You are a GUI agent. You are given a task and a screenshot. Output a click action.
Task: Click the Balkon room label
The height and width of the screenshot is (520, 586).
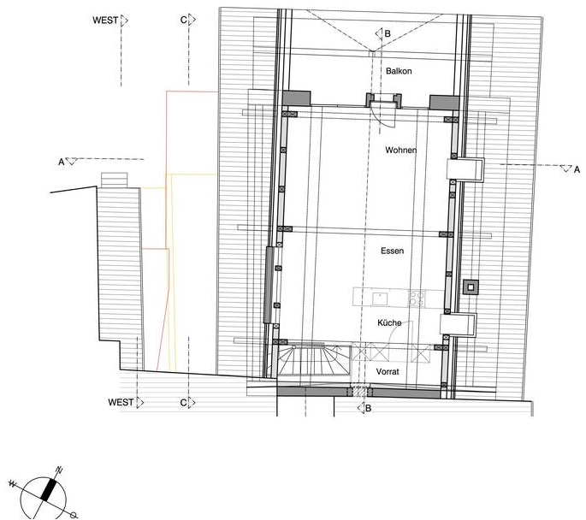(399, 71)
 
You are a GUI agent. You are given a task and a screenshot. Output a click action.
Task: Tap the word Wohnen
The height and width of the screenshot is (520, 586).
(401, 151)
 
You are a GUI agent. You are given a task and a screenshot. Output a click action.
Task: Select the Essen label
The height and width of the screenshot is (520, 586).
(393, 251)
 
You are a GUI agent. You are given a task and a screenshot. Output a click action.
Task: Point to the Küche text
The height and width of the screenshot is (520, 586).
(389, 322)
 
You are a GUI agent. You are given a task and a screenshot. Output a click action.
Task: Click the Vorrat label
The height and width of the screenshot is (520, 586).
(388, 371)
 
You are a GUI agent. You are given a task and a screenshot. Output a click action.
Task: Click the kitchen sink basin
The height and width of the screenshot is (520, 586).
(380, 298)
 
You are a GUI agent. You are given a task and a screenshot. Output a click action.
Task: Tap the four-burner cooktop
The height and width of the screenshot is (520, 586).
(417, 298)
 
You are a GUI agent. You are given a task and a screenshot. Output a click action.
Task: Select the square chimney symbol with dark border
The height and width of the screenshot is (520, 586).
(471, 287)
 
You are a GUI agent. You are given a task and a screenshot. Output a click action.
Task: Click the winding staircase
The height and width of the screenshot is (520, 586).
(314, 360)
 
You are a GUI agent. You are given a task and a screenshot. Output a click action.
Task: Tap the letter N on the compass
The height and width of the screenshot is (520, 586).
(59, 470)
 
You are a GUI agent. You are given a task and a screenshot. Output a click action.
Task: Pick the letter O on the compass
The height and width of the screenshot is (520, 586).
(74, 515)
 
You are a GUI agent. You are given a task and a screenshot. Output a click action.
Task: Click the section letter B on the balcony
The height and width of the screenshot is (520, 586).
(388, 33)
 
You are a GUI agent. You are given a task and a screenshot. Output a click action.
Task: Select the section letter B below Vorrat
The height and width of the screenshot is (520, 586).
(368, 408)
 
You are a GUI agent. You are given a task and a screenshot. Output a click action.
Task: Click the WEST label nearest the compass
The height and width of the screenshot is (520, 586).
(121, 402)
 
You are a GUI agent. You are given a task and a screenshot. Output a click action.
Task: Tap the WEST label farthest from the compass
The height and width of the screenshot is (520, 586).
(105, 21)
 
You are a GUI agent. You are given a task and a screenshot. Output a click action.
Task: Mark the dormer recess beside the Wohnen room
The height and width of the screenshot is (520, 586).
(465, 169)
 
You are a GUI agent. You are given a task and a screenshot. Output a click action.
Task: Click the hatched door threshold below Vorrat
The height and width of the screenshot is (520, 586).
(360, 391)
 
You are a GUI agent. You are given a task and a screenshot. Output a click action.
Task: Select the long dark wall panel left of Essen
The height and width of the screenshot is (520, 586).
(269, 285)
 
